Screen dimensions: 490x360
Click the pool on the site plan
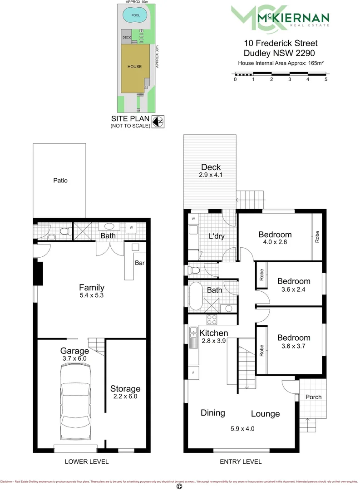coord(135,15)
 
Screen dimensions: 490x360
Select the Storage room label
coord(125,388)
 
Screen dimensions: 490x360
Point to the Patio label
coord(60,180)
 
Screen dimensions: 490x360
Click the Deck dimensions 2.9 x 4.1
coord(211,175)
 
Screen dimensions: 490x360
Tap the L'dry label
coord(217,236)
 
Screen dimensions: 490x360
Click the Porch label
coord(313,397)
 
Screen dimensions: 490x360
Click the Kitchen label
coord(214,333)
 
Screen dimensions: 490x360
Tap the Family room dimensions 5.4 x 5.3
coord(92,295)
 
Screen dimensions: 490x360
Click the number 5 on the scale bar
coord(326,79)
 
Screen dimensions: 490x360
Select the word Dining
coord(213,412)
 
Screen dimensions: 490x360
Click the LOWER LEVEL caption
coord(86,461)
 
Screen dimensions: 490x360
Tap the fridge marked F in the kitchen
coord(194,372)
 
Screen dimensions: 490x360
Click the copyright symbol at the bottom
coord(179,486)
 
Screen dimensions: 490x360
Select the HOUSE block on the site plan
coord(134,67)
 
